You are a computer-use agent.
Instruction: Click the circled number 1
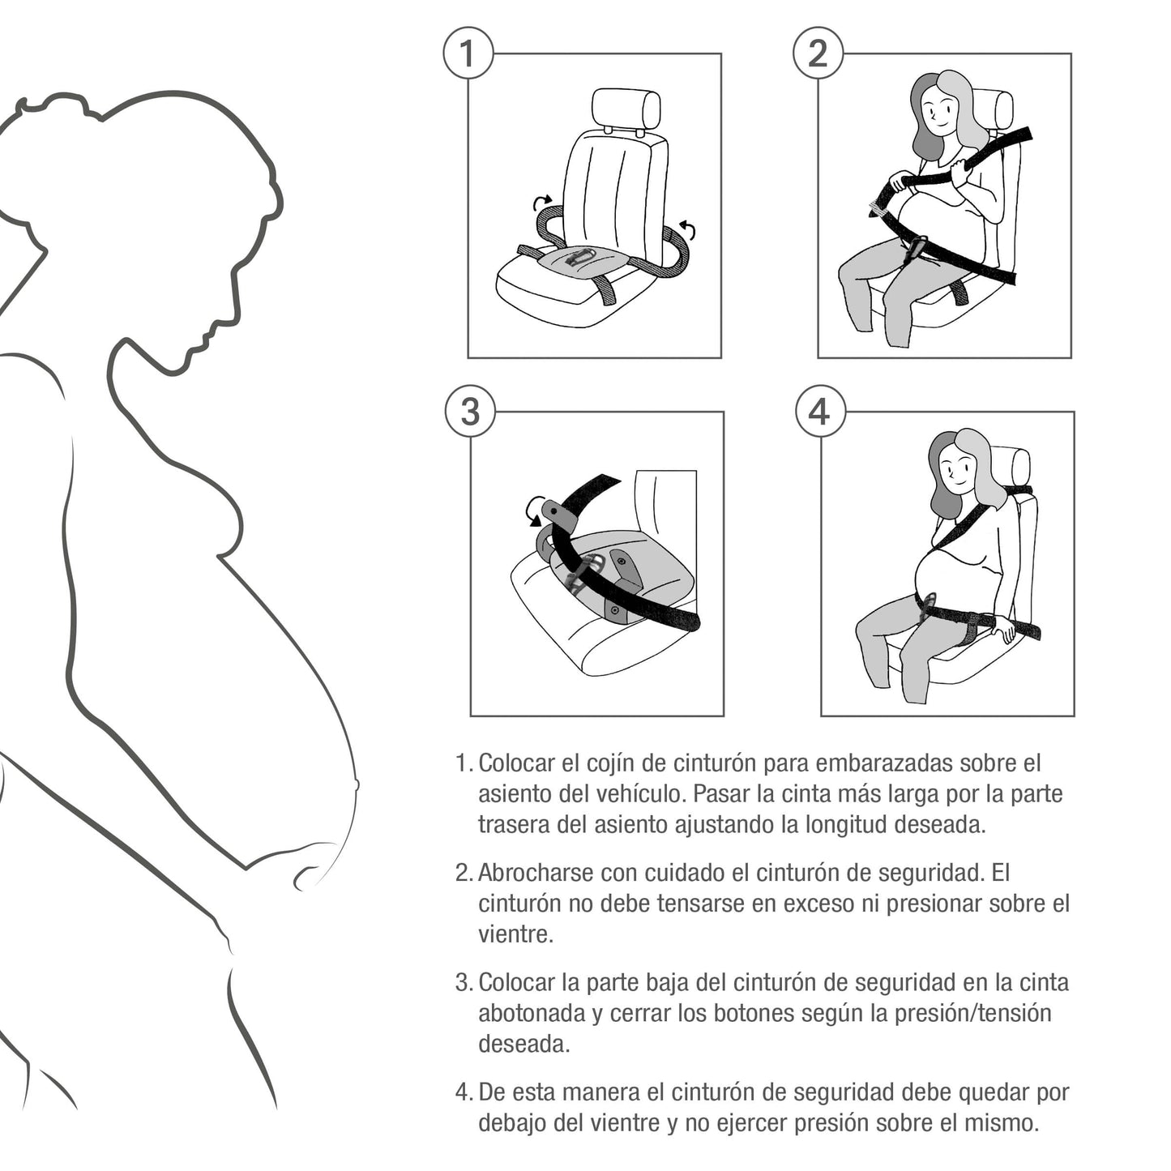468,53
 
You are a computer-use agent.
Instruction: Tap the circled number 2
818,53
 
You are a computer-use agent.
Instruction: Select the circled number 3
470,411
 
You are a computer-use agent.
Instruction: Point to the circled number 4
820,411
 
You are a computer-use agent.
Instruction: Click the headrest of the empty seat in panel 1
626,110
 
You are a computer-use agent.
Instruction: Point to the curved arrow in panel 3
535,511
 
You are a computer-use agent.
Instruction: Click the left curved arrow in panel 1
543,201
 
